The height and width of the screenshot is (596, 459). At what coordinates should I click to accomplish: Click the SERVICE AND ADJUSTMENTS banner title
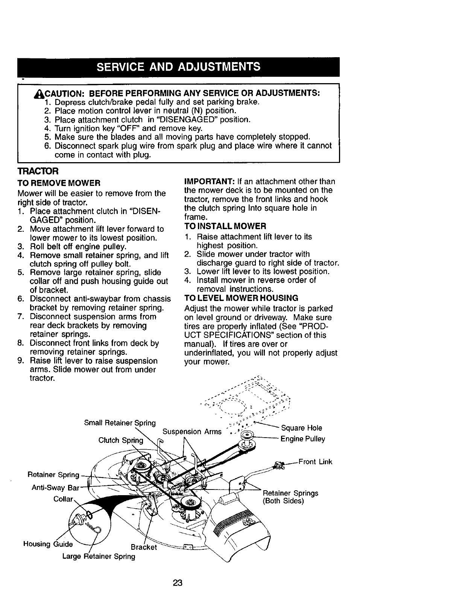[x=178, y=67]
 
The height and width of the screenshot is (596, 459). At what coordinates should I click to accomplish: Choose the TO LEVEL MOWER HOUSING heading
[x=241, y=298]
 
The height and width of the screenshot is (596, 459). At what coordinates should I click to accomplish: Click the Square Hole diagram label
[x=301, y=428]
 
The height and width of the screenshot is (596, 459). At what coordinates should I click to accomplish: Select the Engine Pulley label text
[x=303, y=439]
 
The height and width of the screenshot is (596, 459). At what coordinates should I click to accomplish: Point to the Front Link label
[x=315, y=462]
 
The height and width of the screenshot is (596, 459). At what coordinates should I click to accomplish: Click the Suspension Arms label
[x=192, y=432]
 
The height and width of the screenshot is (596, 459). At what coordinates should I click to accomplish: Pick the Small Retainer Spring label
[x=120, y=423]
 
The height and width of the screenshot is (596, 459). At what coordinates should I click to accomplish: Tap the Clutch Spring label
[x=121, y=440]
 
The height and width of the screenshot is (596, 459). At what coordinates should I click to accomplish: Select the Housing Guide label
[x=48, y=544]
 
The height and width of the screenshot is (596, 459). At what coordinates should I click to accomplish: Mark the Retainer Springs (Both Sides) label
[x=290, y=497]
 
